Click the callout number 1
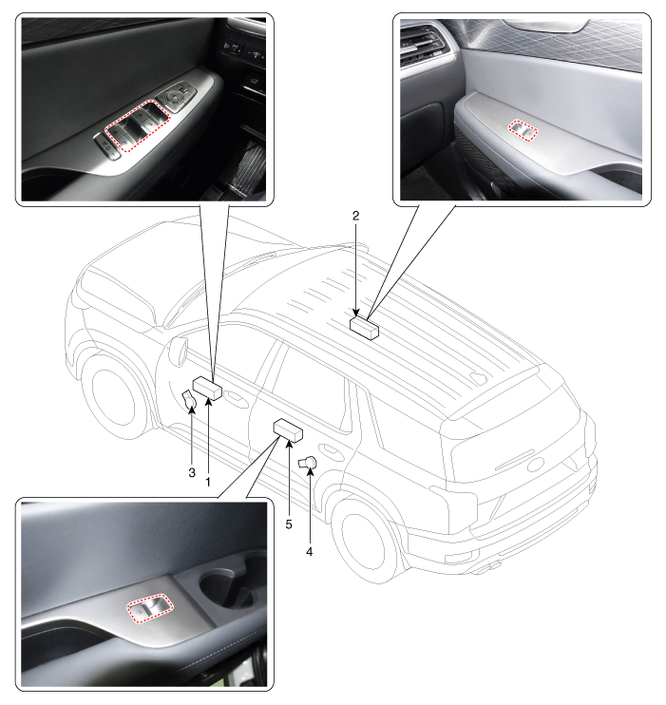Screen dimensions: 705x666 click(208, 482)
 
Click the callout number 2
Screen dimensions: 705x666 click(355, 216)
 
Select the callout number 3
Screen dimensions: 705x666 click(191, 472)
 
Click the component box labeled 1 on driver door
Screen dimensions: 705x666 click(207, 388)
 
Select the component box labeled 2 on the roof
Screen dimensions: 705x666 click(363, 328)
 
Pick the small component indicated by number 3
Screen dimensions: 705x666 click(188, 398)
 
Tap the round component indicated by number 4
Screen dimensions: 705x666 click(308, 464)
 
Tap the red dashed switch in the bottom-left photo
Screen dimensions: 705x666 click(151, 609)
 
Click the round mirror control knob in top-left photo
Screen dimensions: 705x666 click(178, 95)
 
